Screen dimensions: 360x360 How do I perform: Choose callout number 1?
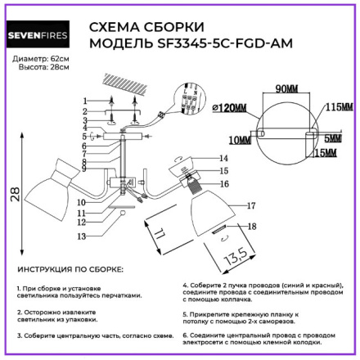click(x=83, y=97)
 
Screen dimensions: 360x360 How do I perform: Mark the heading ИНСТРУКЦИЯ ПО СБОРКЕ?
click(x=70, y=268)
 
